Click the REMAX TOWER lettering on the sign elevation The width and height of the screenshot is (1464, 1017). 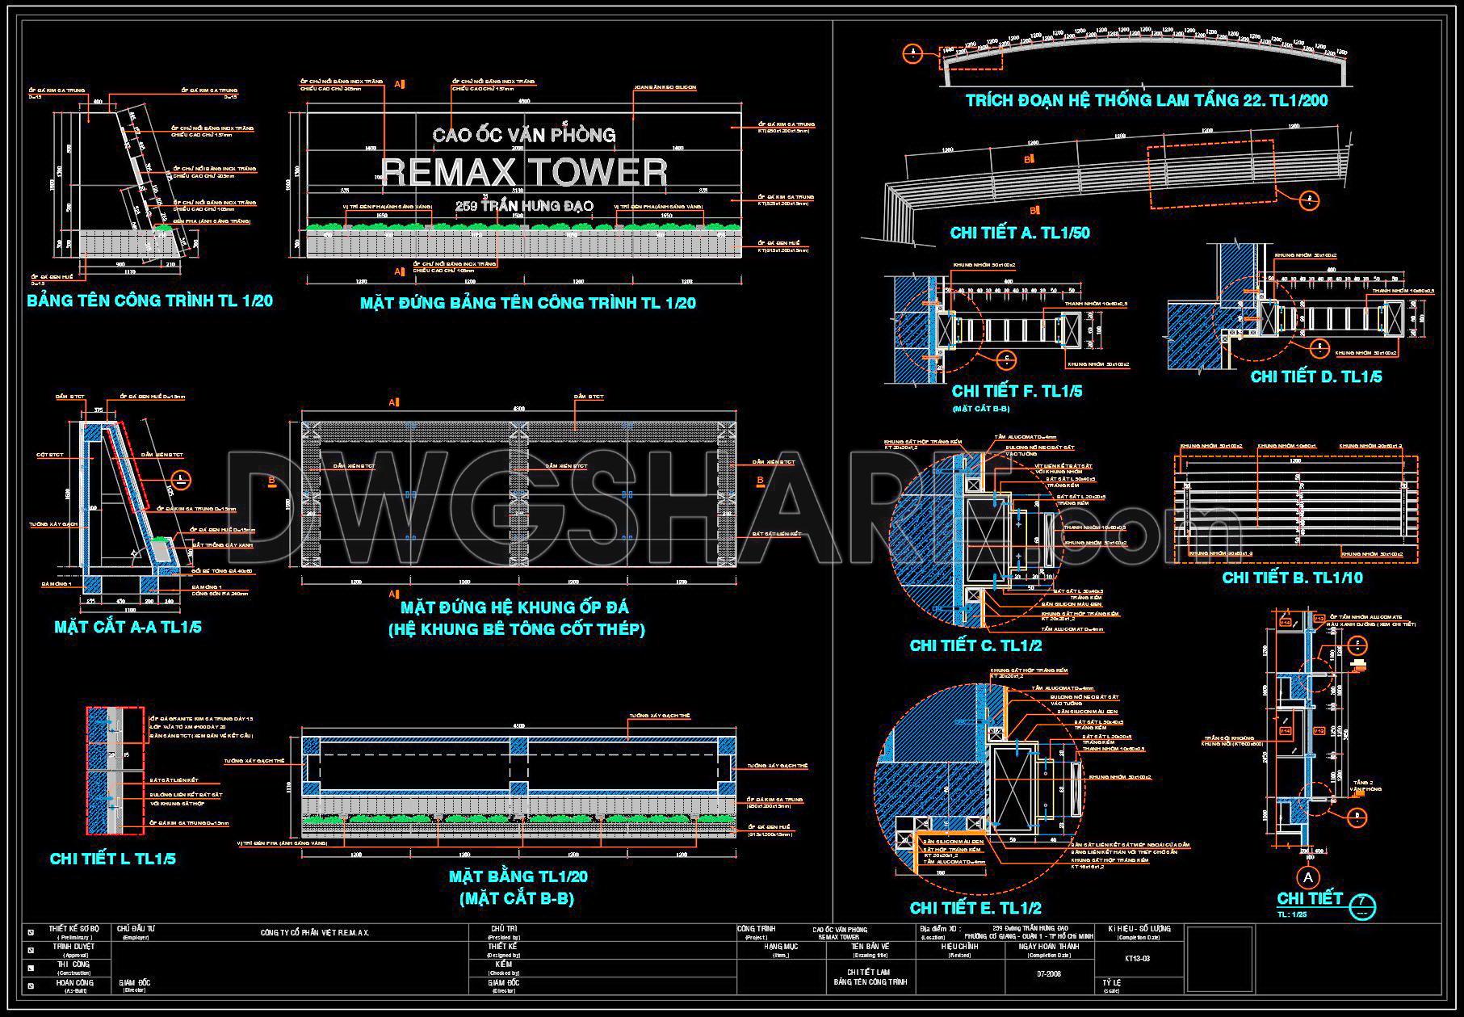(524, 172)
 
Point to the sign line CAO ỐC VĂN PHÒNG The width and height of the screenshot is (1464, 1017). (524, 135)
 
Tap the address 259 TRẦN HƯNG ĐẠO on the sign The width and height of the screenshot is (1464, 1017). (524, 206)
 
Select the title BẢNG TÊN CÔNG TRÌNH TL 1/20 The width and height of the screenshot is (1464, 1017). (150, 301)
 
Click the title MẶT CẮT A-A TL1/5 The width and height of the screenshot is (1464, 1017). (128, 627)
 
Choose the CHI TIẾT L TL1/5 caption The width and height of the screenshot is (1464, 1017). (112, 859)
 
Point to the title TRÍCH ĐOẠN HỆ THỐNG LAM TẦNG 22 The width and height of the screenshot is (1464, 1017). (1147, 101)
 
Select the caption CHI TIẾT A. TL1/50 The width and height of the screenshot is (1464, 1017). (1020, 233)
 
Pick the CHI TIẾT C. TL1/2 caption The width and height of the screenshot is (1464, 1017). (975, 645)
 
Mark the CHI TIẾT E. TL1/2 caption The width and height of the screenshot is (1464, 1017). (975, 908)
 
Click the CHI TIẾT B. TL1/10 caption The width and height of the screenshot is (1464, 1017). (1292, 578)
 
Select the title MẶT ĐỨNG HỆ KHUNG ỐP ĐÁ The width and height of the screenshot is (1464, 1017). (515, 607)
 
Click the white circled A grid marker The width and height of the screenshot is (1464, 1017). (1307, 877)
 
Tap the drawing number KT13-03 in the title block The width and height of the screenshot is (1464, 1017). (1137, 959)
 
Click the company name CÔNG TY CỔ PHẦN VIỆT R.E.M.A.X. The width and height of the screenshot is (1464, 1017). (315, 933)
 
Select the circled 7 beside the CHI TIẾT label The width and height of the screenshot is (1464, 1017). (1361, 903)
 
